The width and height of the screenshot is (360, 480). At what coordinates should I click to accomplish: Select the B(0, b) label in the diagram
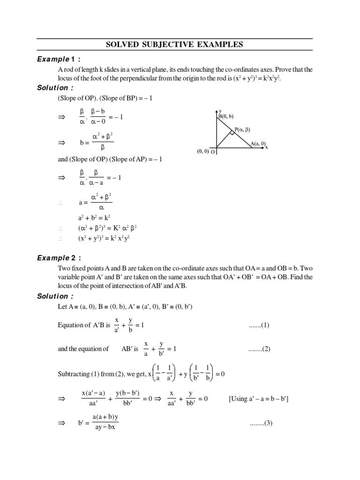tap(226, 116)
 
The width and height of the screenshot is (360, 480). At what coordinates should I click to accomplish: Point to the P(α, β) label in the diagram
tap(244, 129)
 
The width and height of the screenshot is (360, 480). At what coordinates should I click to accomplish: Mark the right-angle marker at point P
tap(232, 133)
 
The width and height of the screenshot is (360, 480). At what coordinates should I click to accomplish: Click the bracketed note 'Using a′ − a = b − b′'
tap(259, 399)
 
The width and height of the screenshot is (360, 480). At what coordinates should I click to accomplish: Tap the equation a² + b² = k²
tap(94, 218)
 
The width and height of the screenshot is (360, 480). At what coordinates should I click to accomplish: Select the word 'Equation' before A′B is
tap(71, 325)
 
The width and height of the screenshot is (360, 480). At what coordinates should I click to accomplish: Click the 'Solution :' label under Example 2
tap(55, 296)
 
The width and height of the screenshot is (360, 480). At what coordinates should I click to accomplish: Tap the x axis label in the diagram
tap(267, 147)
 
